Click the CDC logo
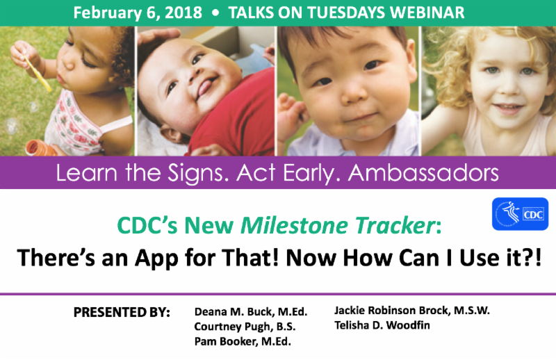519,214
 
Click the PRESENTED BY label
122,312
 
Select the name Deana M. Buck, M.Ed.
251,311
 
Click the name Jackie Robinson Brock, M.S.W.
412,310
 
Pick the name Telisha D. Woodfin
381,325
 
